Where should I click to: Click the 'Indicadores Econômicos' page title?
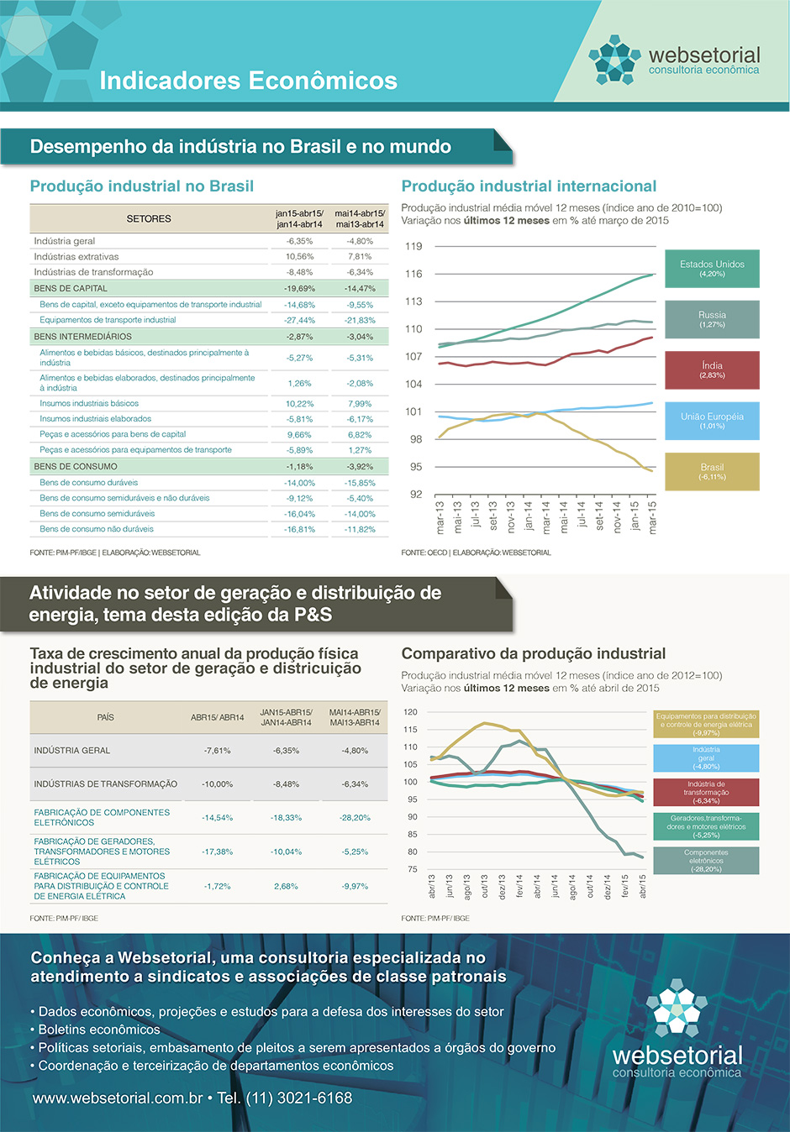point(248,81)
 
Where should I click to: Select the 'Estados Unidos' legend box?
point(712,269)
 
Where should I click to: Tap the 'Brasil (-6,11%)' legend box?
point(712,471)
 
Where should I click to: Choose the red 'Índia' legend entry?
point(712,369)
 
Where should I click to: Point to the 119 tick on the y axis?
point(413,246)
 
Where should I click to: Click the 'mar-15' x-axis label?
point(652,516)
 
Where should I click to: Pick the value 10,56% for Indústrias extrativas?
point(299,257)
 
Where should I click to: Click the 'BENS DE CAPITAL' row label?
point(71,288)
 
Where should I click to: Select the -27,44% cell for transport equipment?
point(299,320)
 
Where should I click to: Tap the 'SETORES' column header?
point(149,219)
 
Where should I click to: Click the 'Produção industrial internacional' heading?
point(529,186)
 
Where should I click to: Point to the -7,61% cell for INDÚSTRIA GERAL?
point(217,751)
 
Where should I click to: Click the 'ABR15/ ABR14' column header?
point(217,718)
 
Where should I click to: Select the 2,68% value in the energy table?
point(286,886)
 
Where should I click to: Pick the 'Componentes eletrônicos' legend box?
point(706,860)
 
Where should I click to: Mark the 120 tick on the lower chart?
point(410,712)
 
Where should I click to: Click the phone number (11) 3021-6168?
point(298,1098)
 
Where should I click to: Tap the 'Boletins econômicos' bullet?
point(99,1030)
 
